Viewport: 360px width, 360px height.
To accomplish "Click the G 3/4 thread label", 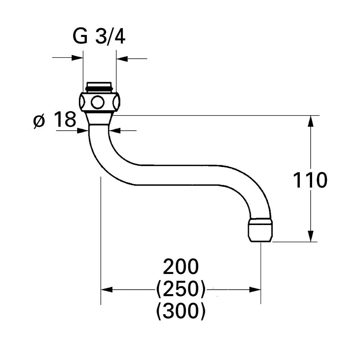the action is [99, 36].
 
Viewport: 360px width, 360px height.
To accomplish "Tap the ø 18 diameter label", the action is [55, 120].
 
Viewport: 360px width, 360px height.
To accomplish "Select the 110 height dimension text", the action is [310, 180].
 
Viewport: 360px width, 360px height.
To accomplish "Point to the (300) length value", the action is [181, 311].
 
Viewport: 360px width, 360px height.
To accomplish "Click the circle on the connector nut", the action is [98, 102].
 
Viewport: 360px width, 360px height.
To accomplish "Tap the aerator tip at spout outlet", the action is [260, 230].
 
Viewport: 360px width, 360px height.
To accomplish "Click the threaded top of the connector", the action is [99, 87].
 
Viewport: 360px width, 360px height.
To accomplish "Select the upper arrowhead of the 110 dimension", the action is [311, 121].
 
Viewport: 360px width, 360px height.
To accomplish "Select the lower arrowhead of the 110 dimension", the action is [311, 236].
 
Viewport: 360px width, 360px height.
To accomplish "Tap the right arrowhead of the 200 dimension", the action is [255, 290].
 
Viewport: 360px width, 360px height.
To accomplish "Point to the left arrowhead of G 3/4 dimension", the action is [77, 58].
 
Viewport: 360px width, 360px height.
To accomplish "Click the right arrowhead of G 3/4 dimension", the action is [122, 59].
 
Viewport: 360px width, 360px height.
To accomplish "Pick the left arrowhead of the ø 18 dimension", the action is [83, 131].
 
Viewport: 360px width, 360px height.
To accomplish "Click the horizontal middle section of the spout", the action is [179, 175].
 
